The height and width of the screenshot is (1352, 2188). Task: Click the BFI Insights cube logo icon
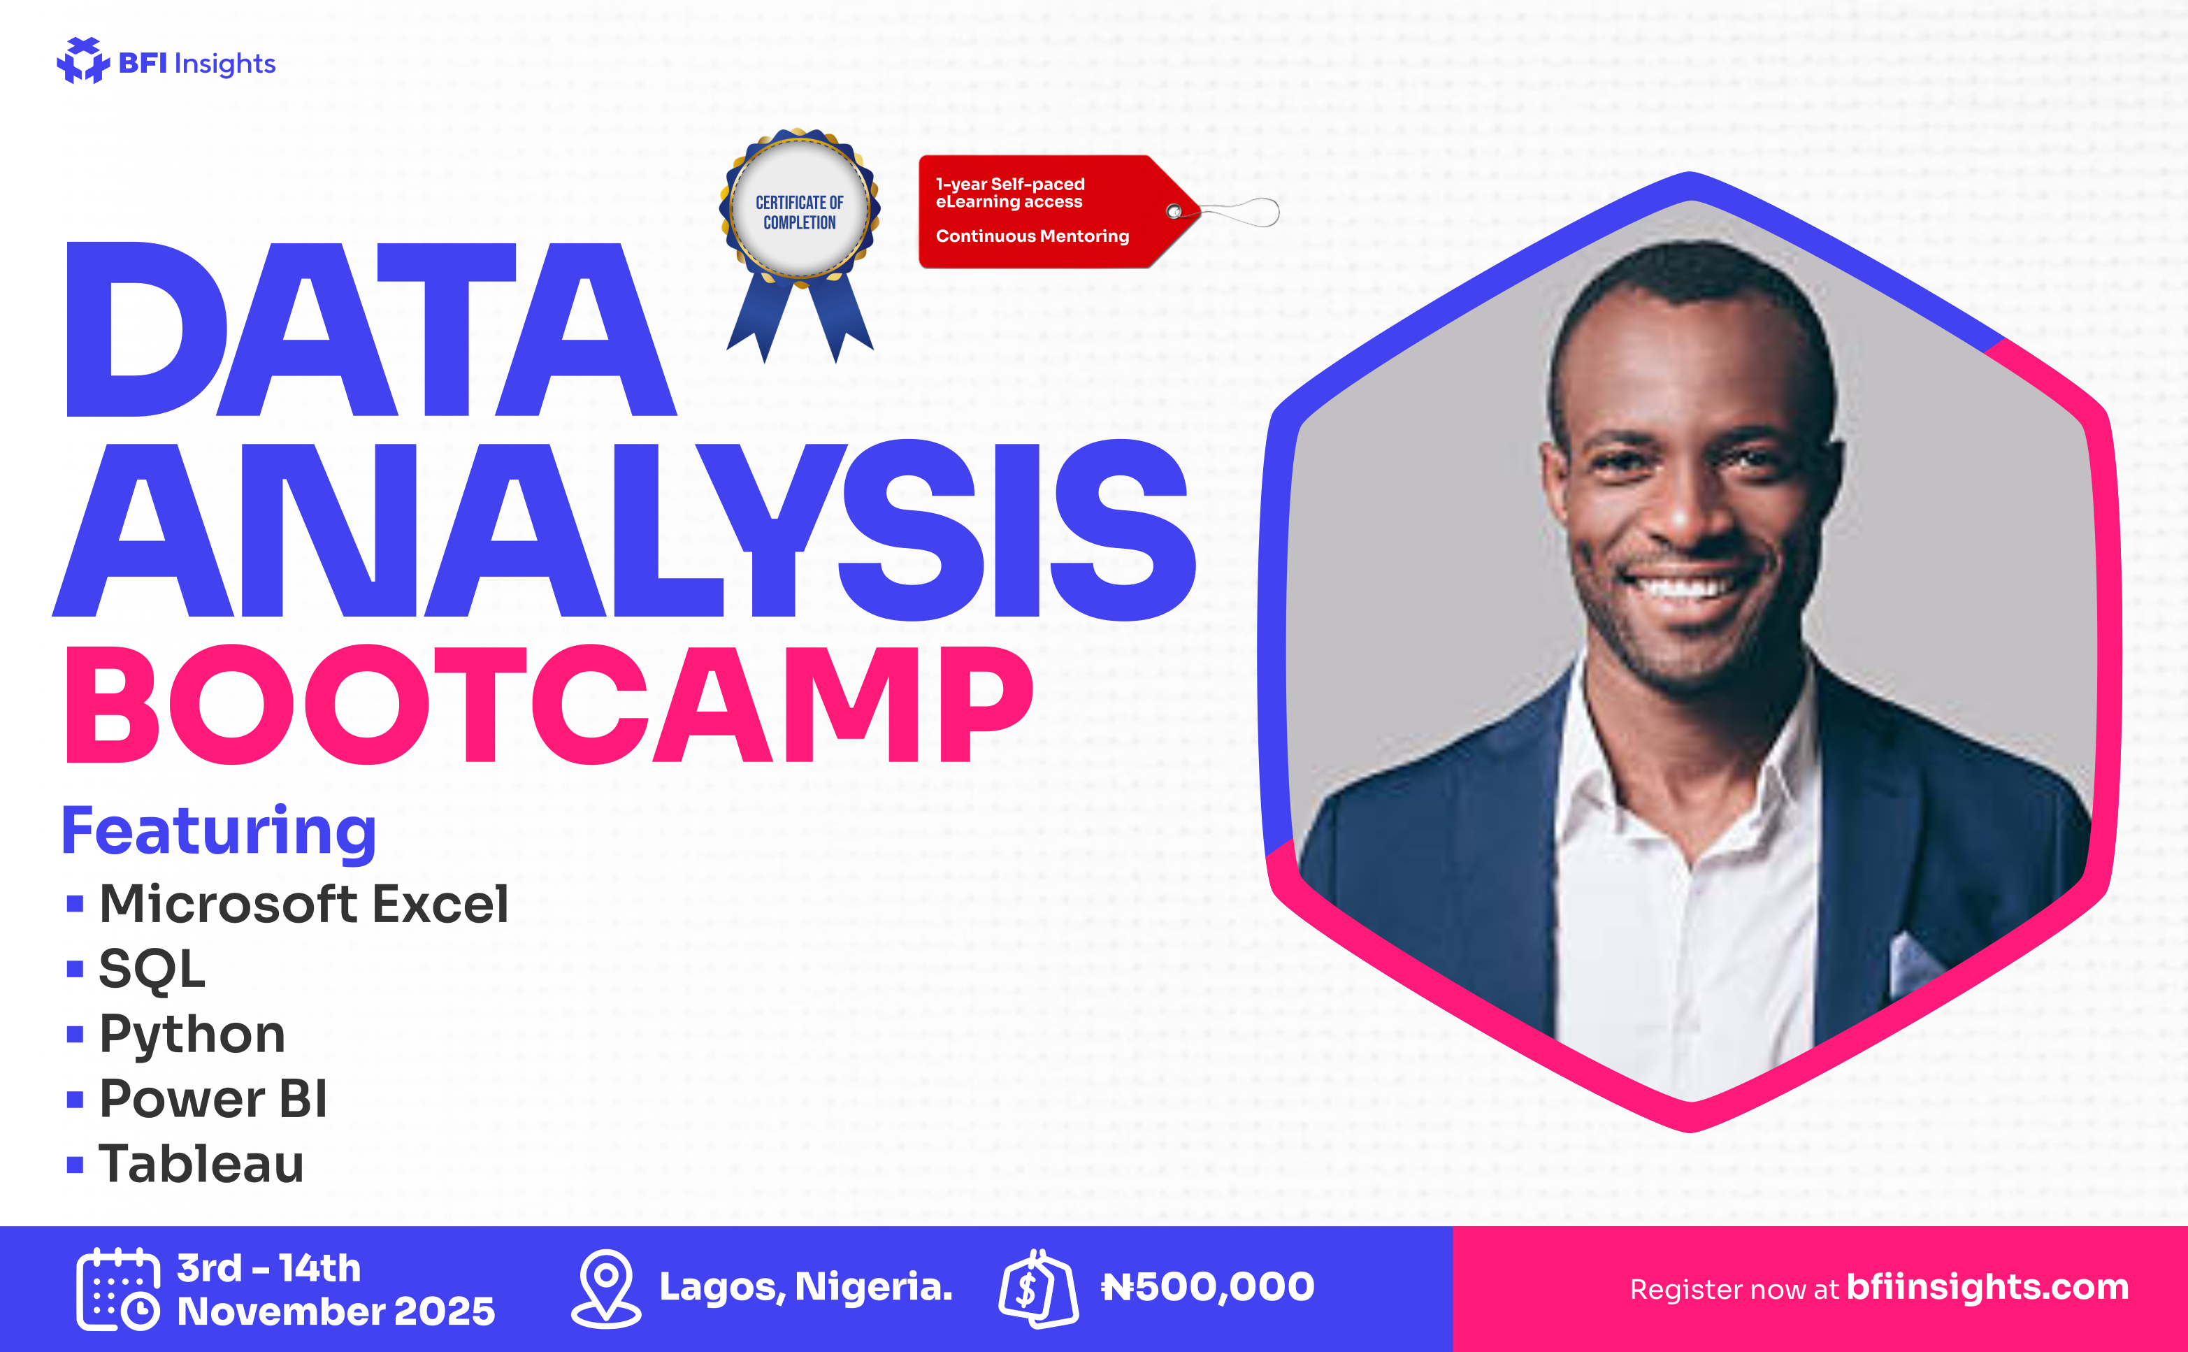(83, 60)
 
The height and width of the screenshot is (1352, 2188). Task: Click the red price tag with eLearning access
(1060, 212)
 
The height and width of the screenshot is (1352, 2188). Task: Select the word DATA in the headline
(371, 329)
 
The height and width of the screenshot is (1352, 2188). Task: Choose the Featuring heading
(219, 832)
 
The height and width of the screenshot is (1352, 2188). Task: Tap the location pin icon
(606, 1288)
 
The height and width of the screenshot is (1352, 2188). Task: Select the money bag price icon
(1038, 1288)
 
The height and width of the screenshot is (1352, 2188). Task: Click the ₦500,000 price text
(1208, 1287)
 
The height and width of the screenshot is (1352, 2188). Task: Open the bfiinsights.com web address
(1987, 1287)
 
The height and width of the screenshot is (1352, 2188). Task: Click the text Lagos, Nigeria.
(805, 1287)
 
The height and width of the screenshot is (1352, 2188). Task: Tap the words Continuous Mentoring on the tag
(1032, 236)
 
